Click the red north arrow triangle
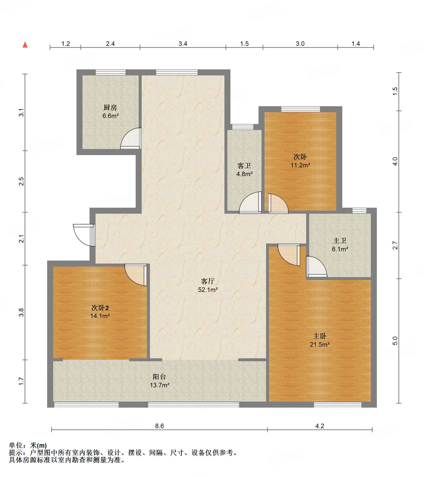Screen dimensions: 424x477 [x=25, y=45]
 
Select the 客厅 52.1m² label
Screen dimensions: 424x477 [x=208, y=285]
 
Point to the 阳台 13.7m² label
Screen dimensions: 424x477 [x=159, y=381]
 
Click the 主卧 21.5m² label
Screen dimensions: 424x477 [x=320, y=340]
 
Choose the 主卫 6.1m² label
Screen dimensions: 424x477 [x=340, y=245]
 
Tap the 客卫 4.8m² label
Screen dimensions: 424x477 [x=244, y=170]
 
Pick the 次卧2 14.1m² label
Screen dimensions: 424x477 [x=100, y=312]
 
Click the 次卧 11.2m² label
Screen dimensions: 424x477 [x=300, y=161]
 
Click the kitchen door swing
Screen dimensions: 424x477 [x=131, y=138]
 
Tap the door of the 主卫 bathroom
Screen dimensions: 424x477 [x=316, y=267]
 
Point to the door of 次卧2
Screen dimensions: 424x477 [x=136, y=275]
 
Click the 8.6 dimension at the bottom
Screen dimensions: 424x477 [x=159, y=426]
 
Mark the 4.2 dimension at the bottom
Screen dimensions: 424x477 [x=320, y=426]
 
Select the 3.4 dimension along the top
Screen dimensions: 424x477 [x=183, y=44]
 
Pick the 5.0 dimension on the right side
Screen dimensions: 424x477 [x=395, y=341]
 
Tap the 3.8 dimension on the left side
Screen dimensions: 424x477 [x=21, y=312]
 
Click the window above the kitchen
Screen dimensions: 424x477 [x=111, y=72]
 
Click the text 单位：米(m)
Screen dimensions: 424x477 [x=28, y=445]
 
